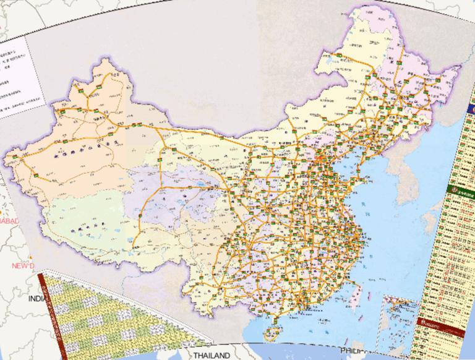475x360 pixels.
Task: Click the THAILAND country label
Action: tap(210, 356)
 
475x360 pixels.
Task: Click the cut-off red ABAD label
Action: tap(9, 221)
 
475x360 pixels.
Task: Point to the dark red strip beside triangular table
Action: tap(52, 309)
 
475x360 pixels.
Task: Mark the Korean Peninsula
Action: tap(396, 173)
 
